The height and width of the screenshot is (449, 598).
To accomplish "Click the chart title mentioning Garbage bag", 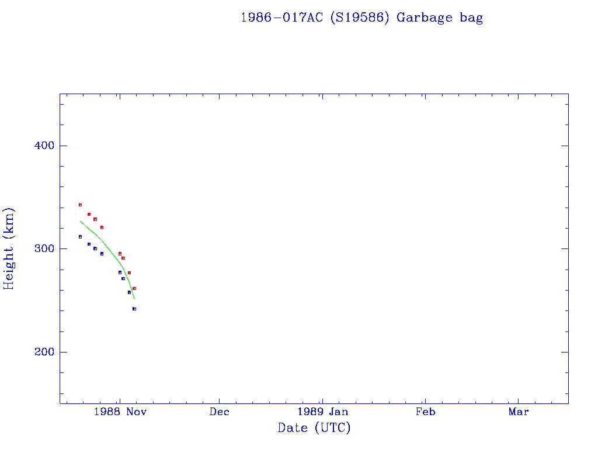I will click(361, 18).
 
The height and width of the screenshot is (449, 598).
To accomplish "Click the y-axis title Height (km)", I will click(9, 248).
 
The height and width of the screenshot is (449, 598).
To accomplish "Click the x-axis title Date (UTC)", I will click(314, 428).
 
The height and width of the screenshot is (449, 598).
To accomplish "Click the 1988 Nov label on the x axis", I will click(120, 412).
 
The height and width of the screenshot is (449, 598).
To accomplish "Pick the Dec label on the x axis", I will click(220, 412).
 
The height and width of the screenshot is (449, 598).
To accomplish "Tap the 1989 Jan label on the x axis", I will click(322, 412).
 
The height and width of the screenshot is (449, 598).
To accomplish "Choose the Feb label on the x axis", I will click(425, 412).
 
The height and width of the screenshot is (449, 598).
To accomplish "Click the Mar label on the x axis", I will click(519, 412).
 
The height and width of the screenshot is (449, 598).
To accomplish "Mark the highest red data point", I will click(80, 205).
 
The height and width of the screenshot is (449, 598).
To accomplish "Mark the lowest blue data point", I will click(134, 309).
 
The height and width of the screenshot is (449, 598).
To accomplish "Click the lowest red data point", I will click(134, 288).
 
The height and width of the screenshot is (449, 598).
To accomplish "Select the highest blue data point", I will click(80, 237).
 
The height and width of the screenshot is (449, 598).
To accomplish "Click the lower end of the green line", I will click(134, 299).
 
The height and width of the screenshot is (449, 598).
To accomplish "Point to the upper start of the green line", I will click(80, 220).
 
